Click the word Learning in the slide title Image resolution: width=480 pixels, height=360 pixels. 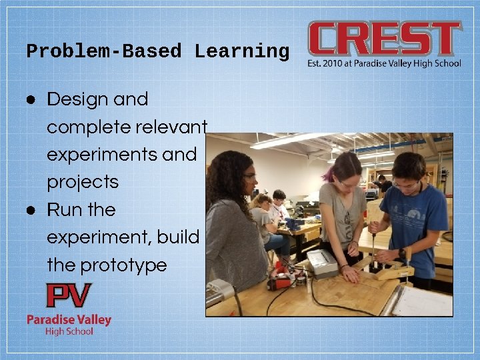(242, 51)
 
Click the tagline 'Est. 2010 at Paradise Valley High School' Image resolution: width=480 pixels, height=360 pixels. (384, 64)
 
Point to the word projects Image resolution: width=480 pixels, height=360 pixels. (83, 182)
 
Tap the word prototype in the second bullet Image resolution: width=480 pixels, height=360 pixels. (123, 265)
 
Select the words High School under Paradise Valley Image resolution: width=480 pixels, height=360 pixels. (69, 331)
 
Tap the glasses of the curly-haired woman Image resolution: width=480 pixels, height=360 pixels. (249, 177)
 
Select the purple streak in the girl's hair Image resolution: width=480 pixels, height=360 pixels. (329, 174)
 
